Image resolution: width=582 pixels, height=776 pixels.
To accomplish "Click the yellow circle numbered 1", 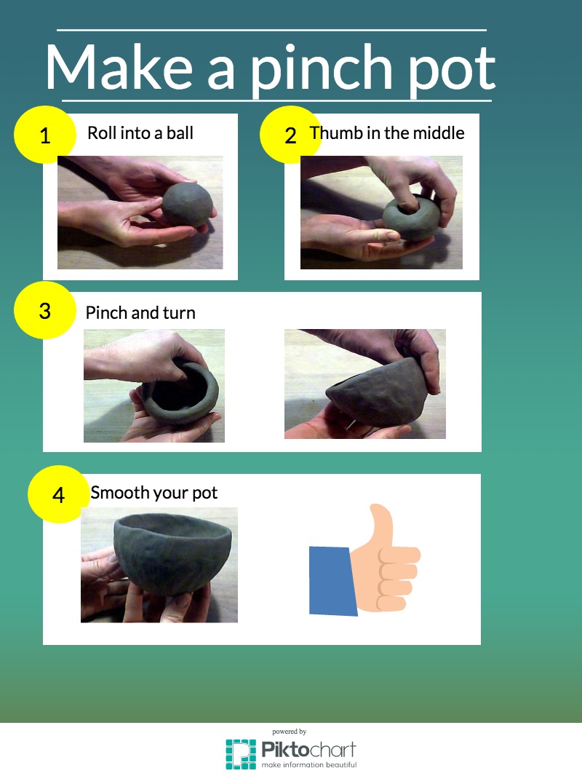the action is click(45, 135).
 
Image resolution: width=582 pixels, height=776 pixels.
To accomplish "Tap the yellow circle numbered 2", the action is click(291, 135).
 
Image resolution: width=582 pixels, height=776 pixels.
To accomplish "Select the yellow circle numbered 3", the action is click(45, 310).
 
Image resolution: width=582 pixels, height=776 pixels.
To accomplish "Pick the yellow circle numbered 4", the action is click(58, 494).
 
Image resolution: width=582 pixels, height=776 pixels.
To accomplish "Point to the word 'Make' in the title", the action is click(119, 66).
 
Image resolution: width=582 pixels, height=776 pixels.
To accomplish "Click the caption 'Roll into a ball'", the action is click(140, 132).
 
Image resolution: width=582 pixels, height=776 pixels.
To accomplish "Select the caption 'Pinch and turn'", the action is click(140, 313).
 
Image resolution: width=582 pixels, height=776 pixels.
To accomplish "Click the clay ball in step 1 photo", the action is click(188, 205).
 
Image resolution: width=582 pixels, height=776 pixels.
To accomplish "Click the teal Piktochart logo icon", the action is click(241, 753).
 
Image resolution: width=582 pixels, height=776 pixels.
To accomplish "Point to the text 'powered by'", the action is click(290, 732).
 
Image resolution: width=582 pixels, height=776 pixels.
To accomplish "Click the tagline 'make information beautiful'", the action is click(309, 764).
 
